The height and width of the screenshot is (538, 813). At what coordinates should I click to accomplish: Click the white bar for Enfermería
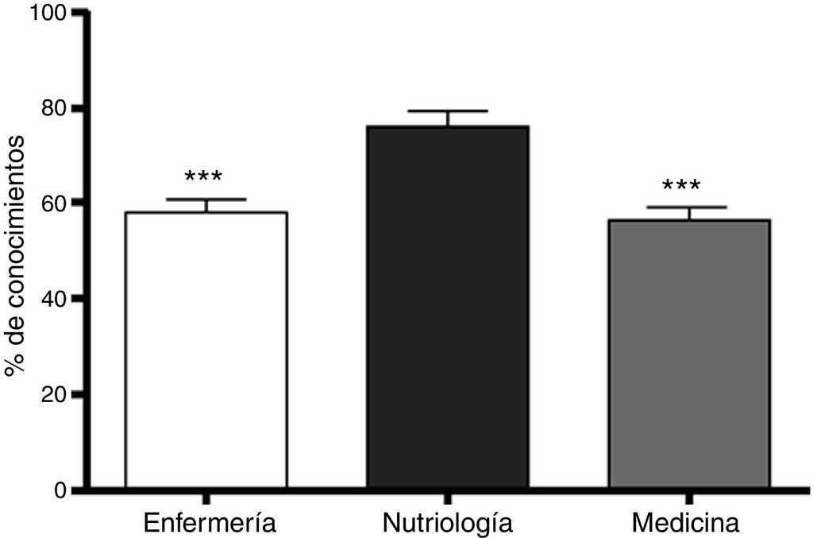pyautogui.click(x=206, y=350)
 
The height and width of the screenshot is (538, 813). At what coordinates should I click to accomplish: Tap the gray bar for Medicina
pyautogui.click(x=688, y=353)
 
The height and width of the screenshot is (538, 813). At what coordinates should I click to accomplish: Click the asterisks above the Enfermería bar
pyautogui.click(x=204, y=177)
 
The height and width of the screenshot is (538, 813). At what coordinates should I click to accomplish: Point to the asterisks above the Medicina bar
pyautogui.click(x=681, y=186)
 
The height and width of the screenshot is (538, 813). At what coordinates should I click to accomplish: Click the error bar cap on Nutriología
pyautogui.click(x=448, y=111)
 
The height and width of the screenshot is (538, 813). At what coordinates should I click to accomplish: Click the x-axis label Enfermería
pyautogui.click(x=210, y=523)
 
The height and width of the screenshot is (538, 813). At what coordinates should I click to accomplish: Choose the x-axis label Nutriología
pyautogui.click(x=448, y=524)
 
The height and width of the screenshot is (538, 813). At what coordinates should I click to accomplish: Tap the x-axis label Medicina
pyautogui.click(x=686, y=523)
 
